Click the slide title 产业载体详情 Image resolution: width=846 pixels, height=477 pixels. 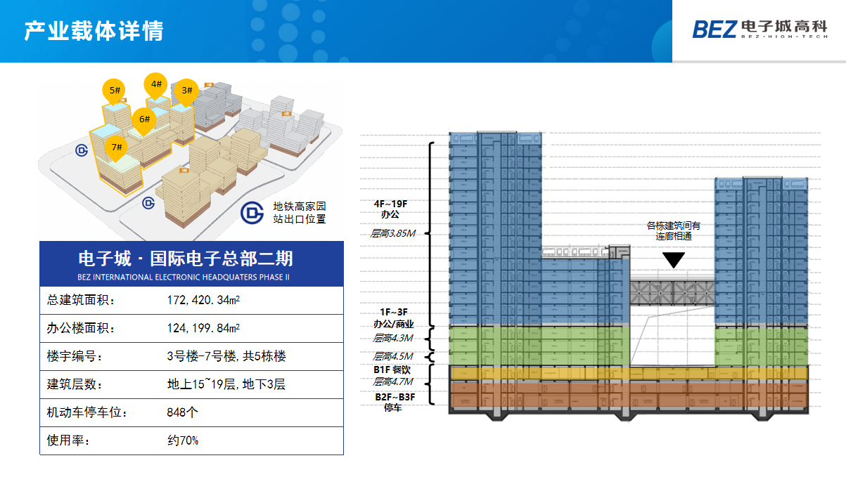click(x=94, y=32)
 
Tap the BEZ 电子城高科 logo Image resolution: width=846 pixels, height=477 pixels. click(x=760, y=29)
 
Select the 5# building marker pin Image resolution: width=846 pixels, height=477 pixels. click(x=115, y=91)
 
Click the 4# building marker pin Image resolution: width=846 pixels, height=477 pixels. click(x=156, y=86)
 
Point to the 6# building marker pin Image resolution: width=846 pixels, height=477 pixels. click(x=144, y=121)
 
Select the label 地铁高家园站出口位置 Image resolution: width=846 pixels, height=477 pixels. click(x=300, y=213)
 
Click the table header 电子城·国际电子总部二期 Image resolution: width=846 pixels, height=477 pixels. click(x=191, y=258)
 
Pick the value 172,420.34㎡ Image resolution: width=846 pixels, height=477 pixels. click(x=204, y=301)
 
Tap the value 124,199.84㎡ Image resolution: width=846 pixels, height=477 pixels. click(x=204, y=328)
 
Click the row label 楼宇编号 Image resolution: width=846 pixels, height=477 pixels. click(x=74, y=356)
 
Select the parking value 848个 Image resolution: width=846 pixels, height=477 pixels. click(x=183, y=412)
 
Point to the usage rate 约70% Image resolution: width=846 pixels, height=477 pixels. click(x=183, y=440)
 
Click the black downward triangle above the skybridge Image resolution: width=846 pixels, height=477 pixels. click(x=674, y=261)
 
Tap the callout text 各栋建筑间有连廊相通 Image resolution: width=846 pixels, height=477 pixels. click(x=674, y=231)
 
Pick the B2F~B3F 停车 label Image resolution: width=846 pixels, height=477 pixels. click(x=395, y=402)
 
